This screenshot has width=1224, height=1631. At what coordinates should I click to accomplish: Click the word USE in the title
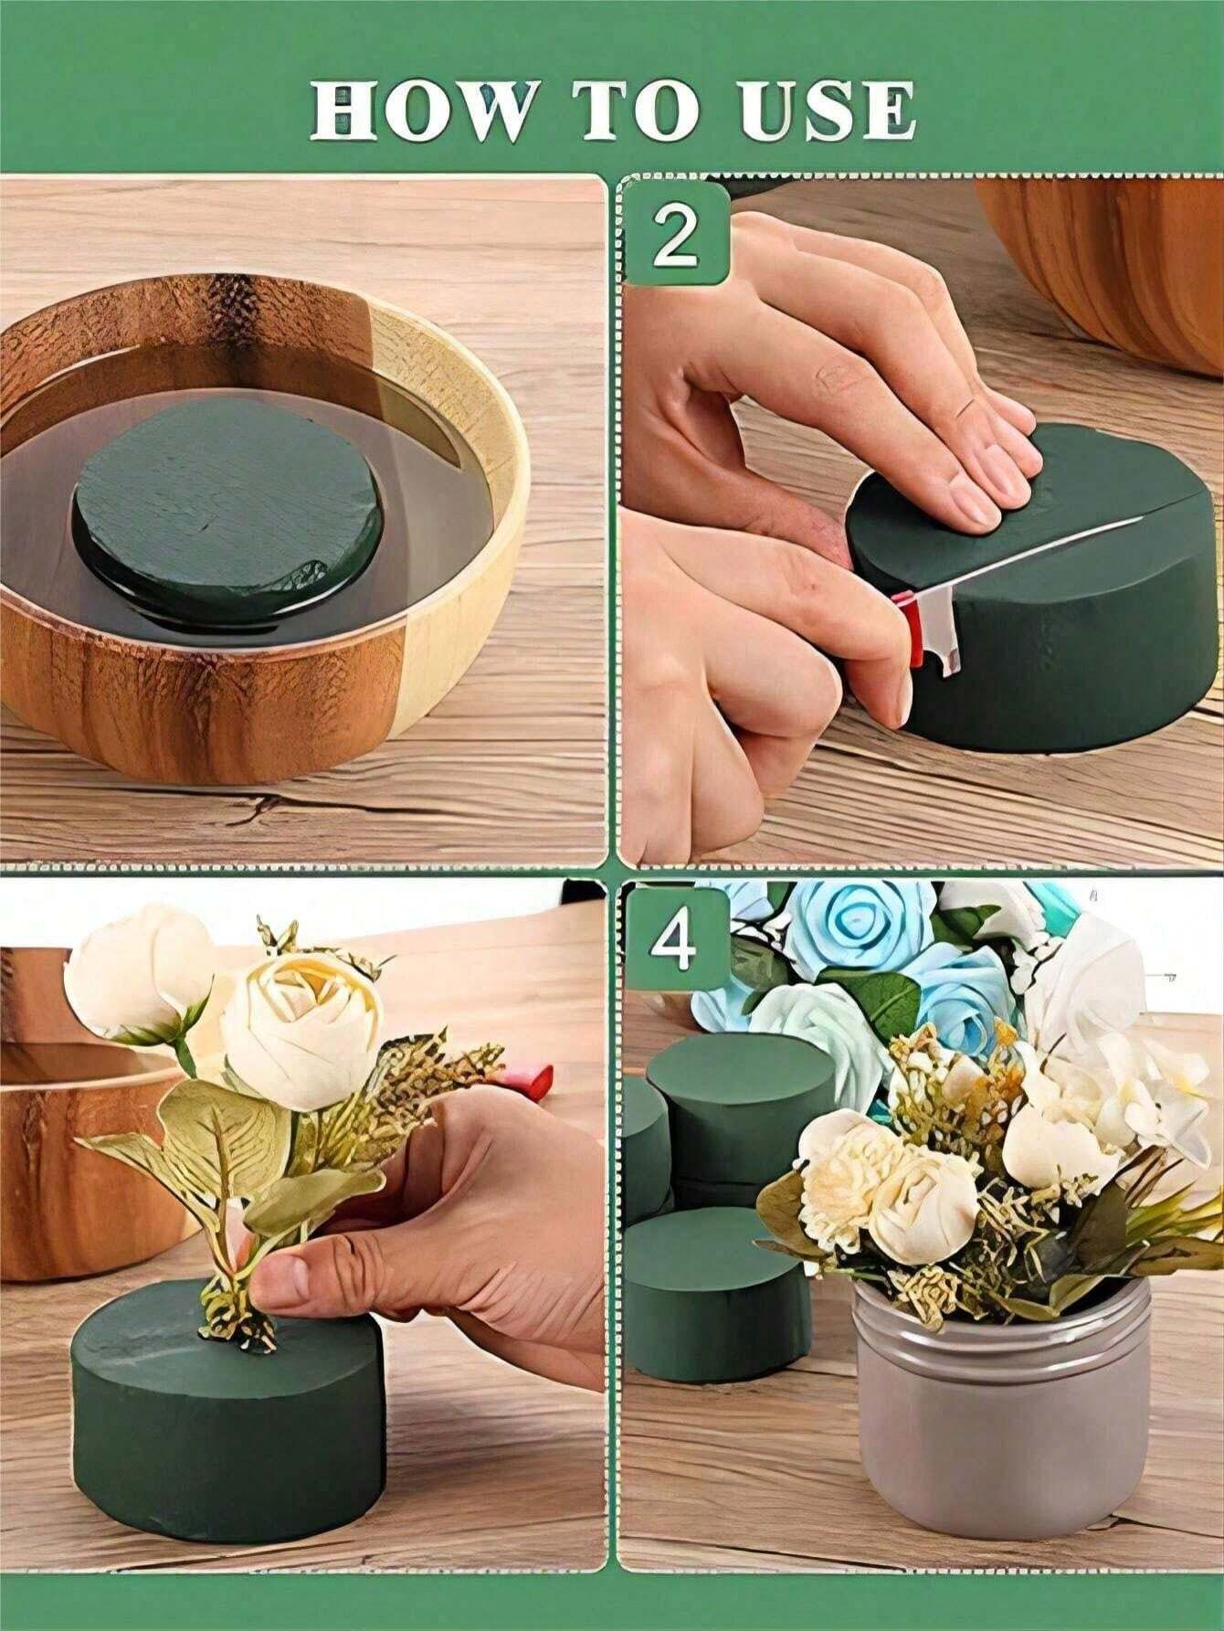coord(828,111)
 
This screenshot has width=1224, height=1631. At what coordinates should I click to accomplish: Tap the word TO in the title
coord(636,111)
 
